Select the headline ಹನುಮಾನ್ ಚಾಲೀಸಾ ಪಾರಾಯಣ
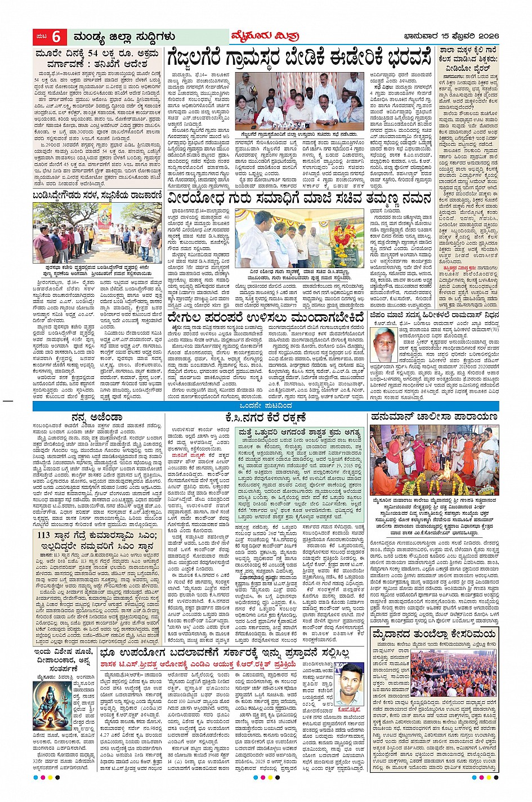coord(434,417)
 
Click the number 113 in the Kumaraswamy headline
coord(44,535)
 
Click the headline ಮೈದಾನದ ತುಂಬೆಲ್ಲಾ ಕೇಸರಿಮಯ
coord(433,635)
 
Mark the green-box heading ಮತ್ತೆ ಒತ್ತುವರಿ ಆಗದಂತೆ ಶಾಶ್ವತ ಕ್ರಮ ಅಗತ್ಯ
coord(298,433)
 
